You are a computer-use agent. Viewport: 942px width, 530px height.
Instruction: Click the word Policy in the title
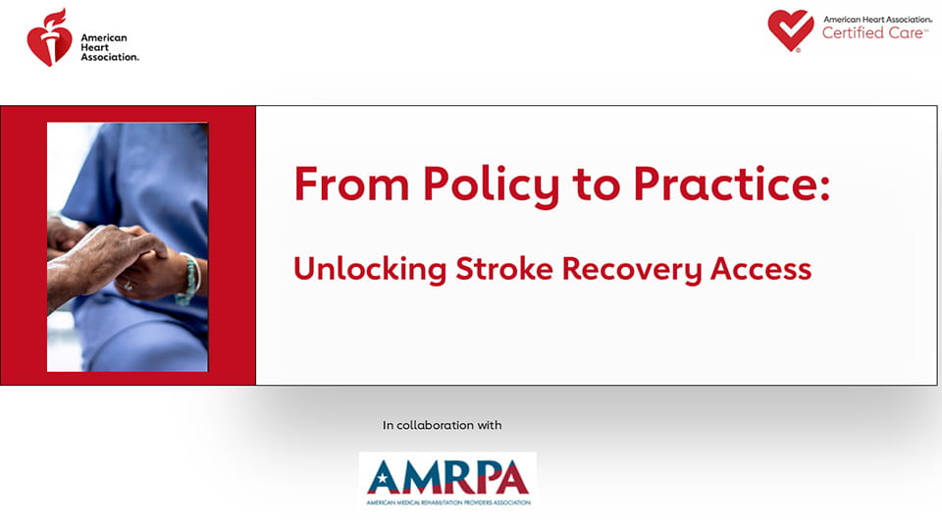[491, 185]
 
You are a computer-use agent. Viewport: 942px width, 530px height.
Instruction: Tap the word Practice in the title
[724, 184]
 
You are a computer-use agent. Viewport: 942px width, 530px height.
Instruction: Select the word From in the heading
[351, 184]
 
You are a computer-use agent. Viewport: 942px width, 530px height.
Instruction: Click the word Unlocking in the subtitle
[370, 269]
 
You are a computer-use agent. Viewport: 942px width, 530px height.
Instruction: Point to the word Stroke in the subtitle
[504, 269]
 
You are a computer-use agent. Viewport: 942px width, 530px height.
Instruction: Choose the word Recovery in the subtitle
[632, 270]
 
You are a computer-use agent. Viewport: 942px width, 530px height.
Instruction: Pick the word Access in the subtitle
[760, 269]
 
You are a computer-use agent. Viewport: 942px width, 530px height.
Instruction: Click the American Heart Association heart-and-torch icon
[49, 37]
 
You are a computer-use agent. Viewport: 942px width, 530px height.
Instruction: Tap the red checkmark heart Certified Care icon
[791, 30]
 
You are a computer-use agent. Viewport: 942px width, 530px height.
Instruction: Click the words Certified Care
[874, 33]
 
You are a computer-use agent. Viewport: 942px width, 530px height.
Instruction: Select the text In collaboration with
[443, 425]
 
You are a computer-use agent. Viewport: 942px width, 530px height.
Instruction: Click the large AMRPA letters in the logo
[448, 477]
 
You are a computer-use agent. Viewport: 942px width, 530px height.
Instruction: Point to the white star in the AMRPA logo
[382, 479]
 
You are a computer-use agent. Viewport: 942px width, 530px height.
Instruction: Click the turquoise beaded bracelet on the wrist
[189, 280]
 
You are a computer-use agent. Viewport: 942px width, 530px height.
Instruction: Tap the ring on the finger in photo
[128, 286]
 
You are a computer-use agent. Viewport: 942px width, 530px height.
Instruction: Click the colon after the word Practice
[823, 185]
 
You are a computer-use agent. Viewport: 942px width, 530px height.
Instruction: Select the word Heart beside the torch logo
[95, 47]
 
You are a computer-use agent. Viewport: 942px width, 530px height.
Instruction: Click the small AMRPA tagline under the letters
[448, 503]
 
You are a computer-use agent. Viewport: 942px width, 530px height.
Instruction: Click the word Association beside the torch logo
[110, 57]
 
